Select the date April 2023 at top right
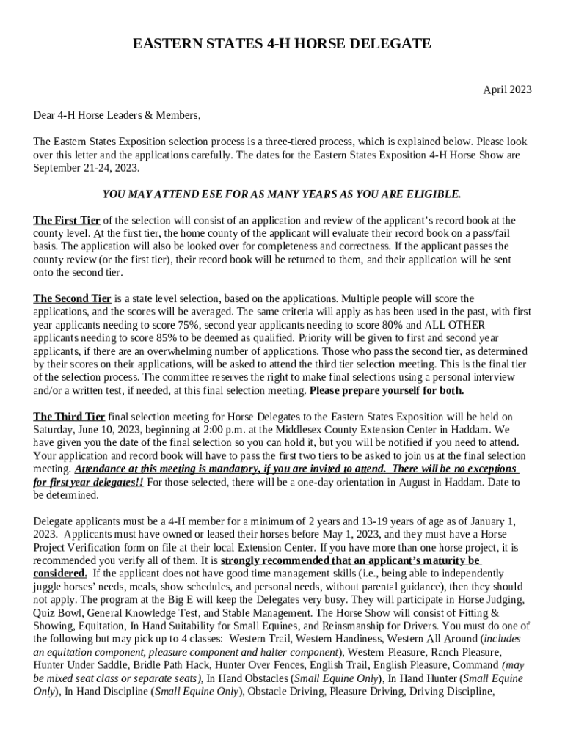coord(507,90)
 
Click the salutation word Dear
coord(44,116)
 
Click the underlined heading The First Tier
coord(67,221)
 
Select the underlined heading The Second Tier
coord(72,299)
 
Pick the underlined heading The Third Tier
coord(69,417)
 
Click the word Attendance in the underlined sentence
coord(103,469)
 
